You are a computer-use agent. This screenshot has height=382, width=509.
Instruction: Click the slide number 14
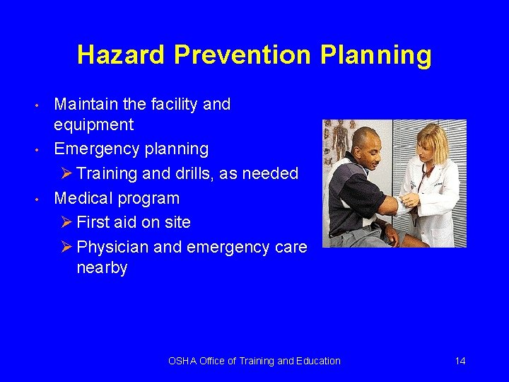(460, 361)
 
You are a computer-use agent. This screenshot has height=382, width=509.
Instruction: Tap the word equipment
(93, 126)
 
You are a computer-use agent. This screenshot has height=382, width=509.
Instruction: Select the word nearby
(102, 268)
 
